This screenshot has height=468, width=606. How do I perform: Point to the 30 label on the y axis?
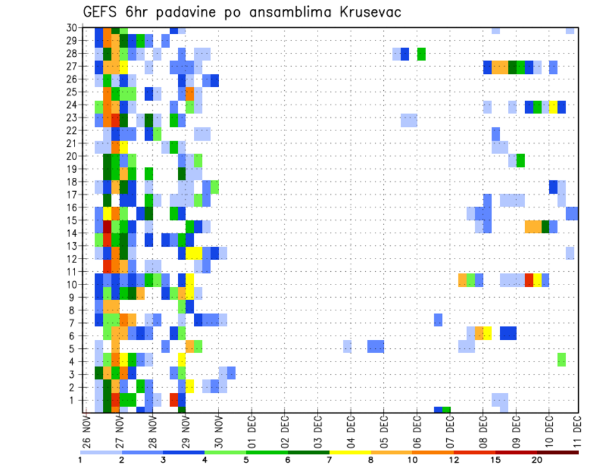tap(71, 28)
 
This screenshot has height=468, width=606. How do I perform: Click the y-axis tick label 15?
tap(71, 220)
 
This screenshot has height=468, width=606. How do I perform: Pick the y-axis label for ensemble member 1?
tap(73, 399)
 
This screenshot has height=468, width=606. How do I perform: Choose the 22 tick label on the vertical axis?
tap(71, 131)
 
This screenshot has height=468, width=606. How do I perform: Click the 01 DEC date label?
tap(251, 431)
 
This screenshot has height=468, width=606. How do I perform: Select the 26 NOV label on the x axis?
tap(86, 431)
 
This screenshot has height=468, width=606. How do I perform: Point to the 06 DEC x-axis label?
tap(417, 431)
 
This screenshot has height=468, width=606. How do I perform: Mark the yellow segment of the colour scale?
tap(350, 452)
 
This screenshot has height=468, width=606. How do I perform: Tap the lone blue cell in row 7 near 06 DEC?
tap(438, 320)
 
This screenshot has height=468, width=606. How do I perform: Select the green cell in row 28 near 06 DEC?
tap(421, 54)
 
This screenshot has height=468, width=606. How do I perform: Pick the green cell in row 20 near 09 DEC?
tap(521, 160)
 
